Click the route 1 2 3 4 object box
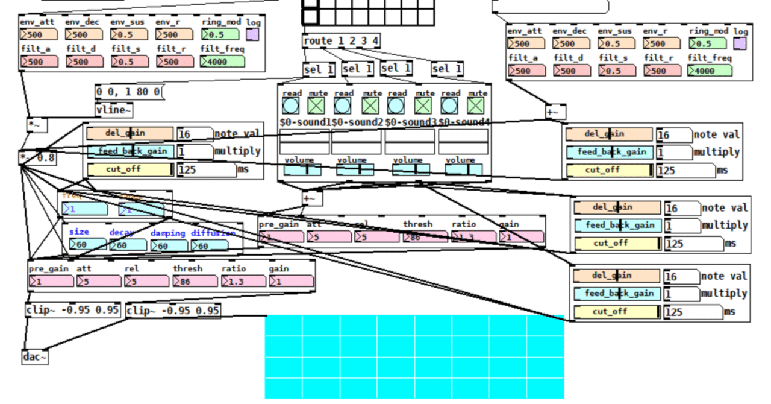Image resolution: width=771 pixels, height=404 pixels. coord(341,41)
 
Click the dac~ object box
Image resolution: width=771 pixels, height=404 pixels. coord(35,357)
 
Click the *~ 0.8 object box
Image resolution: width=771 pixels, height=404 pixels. coord(38,158)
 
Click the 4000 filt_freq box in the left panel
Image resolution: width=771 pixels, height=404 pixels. coord(222,62)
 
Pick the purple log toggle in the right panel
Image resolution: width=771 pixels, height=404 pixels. coord(740,44)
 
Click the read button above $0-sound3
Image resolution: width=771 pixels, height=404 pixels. coord(396,106)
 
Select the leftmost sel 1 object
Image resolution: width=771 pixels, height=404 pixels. coord(319,69)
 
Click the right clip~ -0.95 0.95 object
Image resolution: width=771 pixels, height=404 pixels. coord(173,311)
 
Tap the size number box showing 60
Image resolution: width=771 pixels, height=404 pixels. coord(87,245)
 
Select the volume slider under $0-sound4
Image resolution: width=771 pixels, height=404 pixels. coord(463,170)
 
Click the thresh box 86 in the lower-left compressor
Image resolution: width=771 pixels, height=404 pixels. coord(195,281)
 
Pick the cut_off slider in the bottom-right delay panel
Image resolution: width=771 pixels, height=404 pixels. coord(617,312)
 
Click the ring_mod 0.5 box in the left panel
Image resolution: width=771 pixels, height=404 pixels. coord(222,34)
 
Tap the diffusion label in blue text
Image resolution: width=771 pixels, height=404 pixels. coord(213,233)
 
